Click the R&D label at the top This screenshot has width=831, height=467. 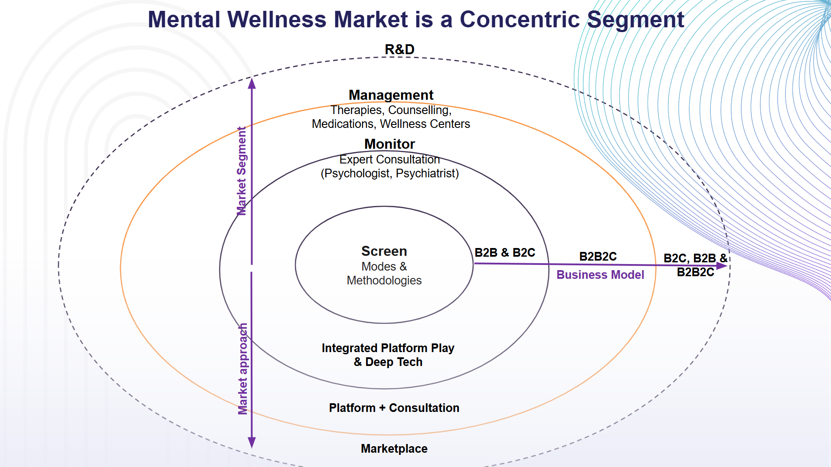coord(399,49)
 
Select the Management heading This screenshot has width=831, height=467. coord(391,95)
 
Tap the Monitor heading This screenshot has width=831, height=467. coord(389,144)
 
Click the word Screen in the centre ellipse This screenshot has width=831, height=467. coord(384,251)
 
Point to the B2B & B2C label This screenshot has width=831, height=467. coord(504,252)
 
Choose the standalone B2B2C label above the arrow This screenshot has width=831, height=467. coord(598,256)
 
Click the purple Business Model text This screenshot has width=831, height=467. coord(600,275)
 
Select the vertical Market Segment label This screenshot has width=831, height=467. coord(242,171)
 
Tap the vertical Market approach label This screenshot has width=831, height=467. coord(243,369)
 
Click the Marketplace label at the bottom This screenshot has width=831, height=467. coord(394,448)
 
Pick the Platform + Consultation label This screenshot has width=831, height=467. coord(394,408)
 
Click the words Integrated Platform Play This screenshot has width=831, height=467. coord(388,348)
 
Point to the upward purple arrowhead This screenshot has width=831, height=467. coord(252,83)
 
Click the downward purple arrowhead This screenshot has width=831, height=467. coord(252,442)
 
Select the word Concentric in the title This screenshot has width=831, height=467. coord(519,20)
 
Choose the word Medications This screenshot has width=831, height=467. coord(343,124)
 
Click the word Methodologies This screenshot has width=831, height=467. coord(384,281)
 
